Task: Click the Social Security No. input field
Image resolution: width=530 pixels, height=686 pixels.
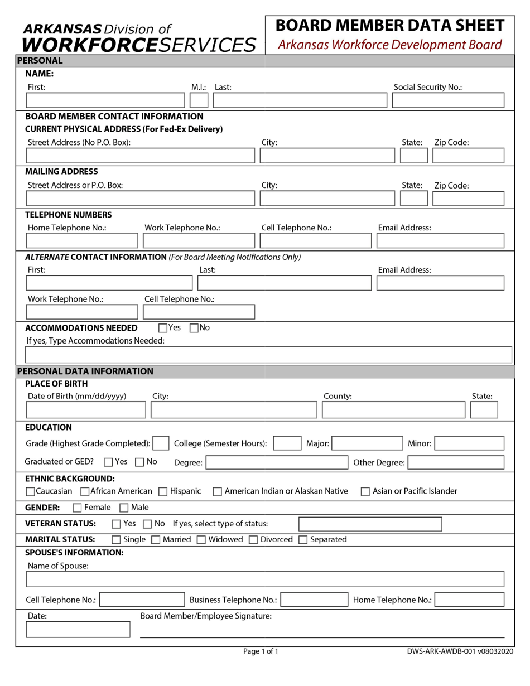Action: (x=448, y=100)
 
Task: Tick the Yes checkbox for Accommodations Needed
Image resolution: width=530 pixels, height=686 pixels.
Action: (x=163, y=328)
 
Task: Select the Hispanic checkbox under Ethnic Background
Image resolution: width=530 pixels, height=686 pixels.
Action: (x=163, y=491)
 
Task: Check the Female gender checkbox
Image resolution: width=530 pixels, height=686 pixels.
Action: (x=78, y=508)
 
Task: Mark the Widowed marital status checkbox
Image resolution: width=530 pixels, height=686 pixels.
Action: (x=201, y=539)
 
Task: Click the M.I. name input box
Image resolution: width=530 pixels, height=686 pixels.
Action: (x=199, y=100)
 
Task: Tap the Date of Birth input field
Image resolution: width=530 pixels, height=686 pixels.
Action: (x=85, y=410)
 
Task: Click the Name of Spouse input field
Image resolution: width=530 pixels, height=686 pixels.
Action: (x=265, y=579)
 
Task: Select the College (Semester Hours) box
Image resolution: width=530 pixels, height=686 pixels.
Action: (x=287, y=443)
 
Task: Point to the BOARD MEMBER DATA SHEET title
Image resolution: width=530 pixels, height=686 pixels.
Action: (x=390, y=26)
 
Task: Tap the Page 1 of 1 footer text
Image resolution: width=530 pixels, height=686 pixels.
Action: (x=261, y=651)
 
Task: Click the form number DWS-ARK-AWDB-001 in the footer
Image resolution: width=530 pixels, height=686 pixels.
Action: (x=441, y=651)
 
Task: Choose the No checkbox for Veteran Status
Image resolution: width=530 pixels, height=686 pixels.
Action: (x=147, y=524)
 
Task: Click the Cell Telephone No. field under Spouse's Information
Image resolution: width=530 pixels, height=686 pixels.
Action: (x=142, y=600)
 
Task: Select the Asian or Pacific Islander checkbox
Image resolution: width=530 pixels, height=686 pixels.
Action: (x=365, y=491)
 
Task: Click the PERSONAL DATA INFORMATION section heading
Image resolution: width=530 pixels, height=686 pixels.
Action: (x=85, y=371)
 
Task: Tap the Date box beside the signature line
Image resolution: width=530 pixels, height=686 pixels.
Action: (x=78, y=630)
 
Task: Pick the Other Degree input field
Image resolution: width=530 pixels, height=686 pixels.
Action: (x=456, y=462)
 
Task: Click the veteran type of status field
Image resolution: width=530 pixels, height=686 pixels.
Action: (x=370, y=524)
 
